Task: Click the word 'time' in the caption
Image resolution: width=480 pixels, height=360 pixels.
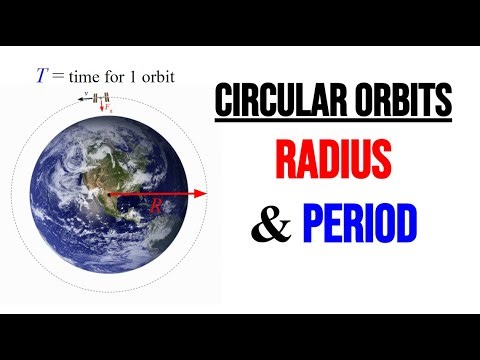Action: (x=83, y=77)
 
